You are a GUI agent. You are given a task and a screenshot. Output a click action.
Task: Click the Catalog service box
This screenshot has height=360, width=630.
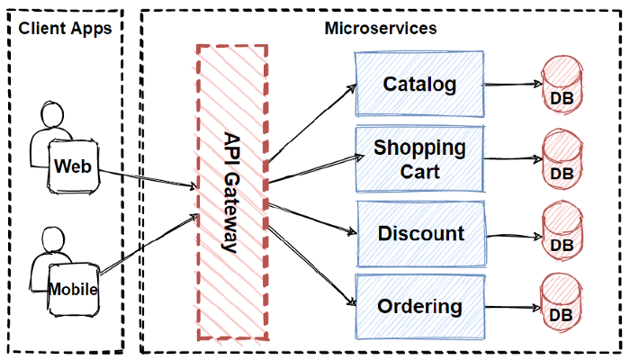[419, 85]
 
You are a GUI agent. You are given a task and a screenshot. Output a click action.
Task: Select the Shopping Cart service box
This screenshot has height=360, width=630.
[419, 159]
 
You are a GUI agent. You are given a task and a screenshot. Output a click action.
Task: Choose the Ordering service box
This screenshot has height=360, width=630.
[419, 307]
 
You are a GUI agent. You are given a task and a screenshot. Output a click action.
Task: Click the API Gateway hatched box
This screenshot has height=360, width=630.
[232, 193]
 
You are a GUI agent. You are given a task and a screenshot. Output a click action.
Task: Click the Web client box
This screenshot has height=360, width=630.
[73, 167]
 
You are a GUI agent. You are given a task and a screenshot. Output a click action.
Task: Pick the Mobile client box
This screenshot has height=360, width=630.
[73, 290]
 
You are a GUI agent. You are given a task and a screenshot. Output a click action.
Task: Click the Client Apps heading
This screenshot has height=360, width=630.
[65, 28]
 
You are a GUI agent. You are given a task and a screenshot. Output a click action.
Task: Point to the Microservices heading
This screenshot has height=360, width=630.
[381, 28]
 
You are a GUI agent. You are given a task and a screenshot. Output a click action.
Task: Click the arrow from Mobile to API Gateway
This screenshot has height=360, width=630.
[148, 244]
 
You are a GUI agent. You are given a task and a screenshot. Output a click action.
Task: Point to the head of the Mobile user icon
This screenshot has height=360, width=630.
[51, 241]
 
